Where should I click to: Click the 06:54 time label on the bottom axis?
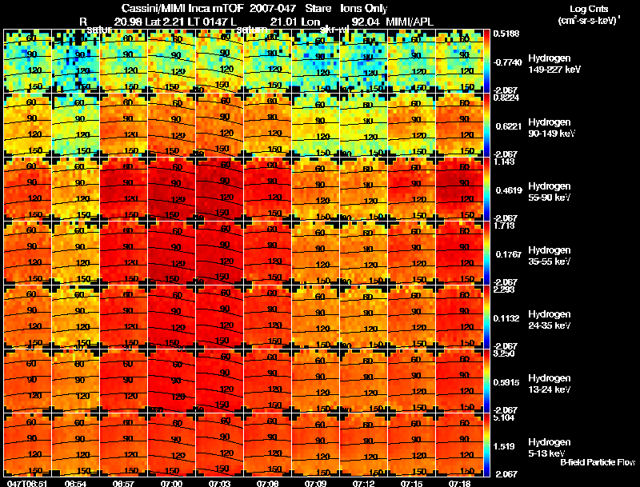point(75,483)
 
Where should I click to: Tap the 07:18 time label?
point(459,483)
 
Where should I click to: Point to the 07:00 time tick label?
point(171,483)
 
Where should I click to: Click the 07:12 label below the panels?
point(363,483)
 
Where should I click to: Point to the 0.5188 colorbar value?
point(506,34)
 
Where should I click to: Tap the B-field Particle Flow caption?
point(597,462)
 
